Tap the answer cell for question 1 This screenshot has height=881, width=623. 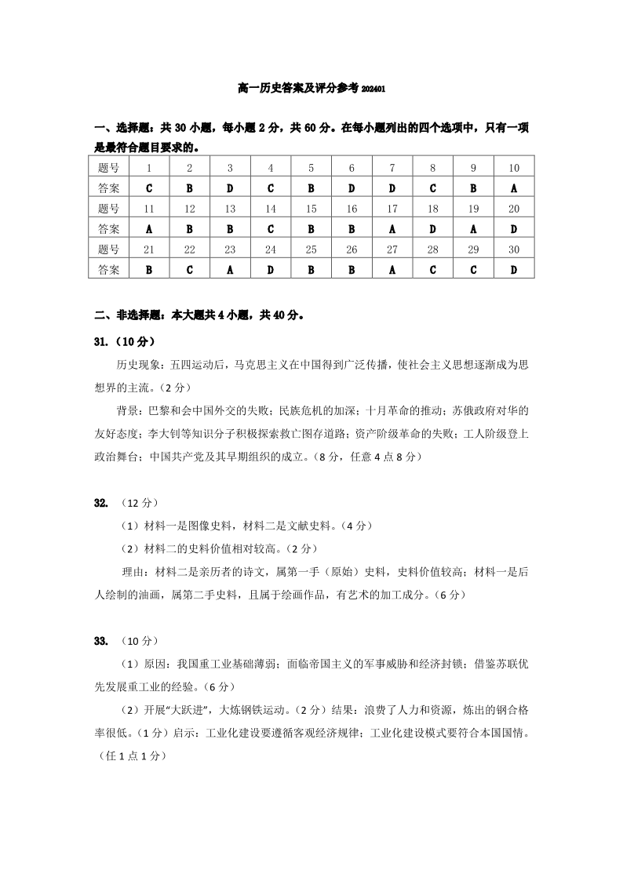149,188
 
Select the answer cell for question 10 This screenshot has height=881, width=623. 514,188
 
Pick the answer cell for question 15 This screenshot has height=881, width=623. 311,229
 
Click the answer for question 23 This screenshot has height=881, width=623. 230,270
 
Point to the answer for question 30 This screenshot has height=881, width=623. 514,270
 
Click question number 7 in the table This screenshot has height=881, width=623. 392,168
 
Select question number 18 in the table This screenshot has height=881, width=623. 433,209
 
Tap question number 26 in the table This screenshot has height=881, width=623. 352,249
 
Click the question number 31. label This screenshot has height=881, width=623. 100,342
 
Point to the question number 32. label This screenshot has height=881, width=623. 100,502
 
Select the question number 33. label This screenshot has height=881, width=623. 100,641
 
